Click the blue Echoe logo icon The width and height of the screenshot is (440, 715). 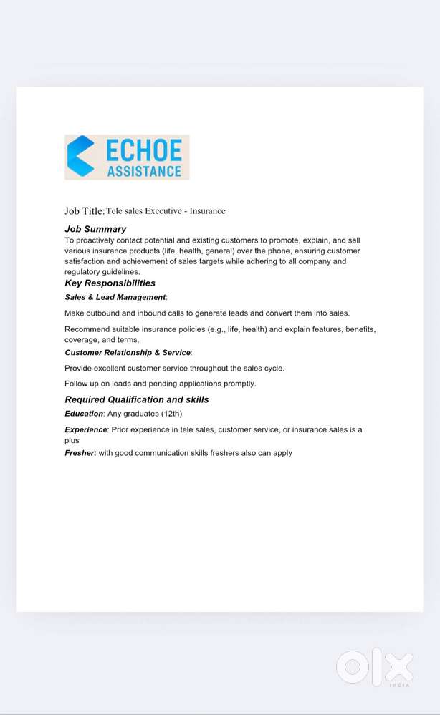80,156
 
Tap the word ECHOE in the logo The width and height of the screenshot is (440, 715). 143,150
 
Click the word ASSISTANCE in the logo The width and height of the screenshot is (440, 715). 144,171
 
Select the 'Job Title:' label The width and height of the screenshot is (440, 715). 85,210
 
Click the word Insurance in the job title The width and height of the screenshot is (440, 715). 207,210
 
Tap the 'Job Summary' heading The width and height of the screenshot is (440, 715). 95,229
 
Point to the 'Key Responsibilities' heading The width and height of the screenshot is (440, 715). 110,283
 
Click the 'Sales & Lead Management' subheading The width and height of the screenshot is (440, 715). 115,297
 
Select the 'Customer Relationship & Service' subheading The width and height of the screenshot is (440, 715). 128,352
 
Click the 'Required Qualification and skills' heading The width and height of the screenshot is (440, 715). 137,399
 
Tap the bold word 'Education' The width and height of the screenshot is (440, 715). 84,414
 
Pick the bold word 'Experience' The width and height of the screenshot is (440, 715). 86,429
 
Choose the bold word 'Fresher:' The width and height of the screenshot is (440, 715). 80,453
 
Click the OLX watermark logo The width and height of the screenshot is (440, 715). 374,668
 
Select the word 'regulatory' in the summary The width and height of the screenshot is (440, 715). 83,271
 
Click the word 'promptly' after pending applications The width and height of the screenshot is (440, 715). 240,384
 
